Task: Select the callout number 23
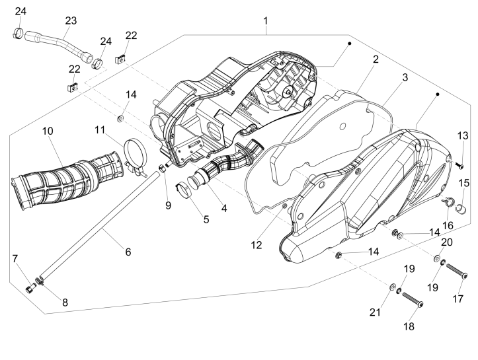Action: [x=71, y=20]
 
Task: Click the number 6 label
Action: [x=128, y=252]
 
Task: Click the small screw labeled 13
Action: [x=461, y=164]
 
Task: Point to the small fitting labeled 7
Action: [x=28, y=288]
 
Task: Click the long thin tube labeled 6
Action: [x=99, y=225]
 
